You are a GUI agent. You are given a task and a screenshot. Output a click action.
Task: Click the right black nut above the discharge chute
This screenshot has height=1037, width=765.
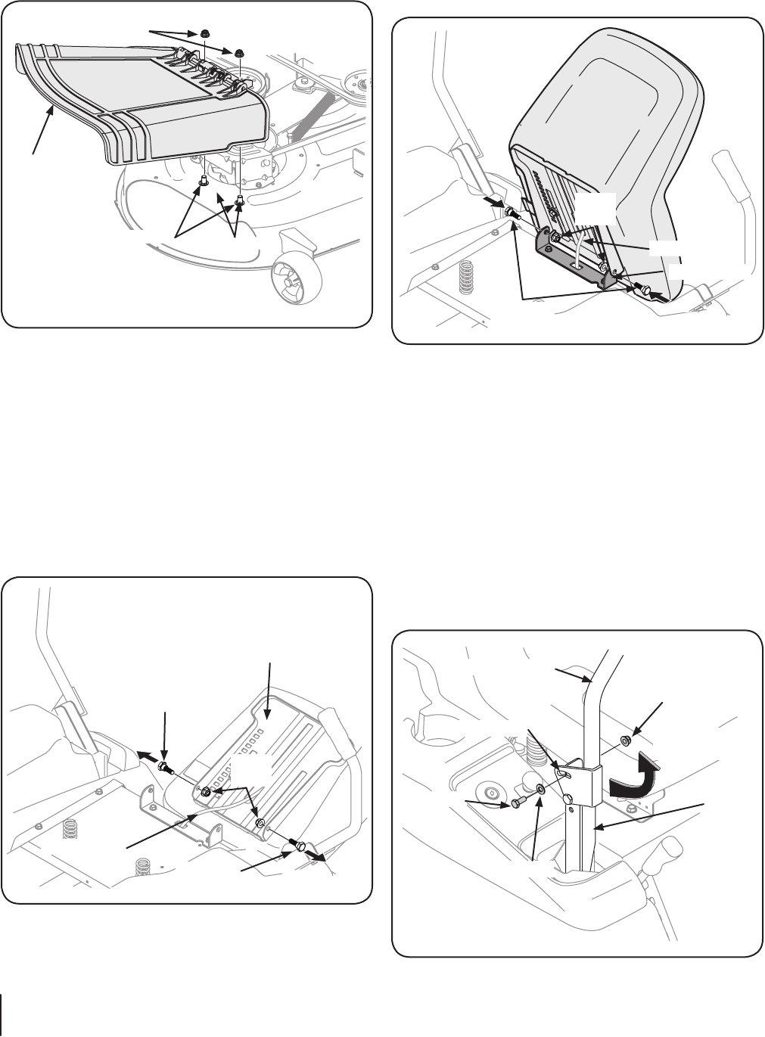click(238, 52)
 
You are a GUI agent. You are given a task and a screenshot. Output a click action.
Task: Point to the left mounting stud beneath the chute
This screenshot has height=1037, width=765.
click(204, 181)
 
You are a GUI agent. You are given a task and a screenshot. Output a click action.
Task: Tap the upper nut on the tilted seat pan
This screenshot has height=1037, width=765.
click(205, 792)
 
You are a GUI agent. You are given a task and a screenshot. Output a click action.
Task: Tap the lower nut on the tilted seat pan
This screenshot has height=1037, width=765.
click(259, 823)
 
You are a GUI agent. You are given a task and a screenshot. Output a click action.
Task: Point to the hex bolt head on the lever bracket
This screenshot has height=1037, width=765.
click(566, 799)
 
